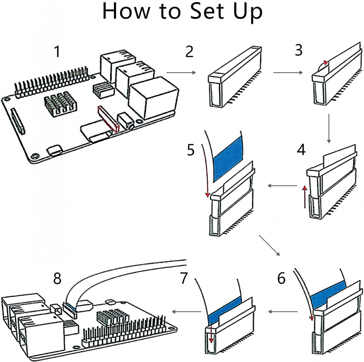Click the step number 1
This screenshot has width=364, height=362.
point(57,52)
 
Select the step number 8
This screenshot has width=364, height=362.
point(57,279)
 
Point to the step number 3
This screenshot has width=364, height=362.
point(299,51)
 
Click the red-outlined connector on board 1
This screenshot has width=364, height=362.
point(108,119)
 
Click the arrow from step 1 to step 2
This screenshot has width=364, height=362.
point(181,73)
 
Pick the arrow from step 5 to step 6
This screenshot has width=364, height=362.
point(270,246)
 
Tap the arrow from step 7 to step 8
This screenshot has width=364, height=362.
point(187,311)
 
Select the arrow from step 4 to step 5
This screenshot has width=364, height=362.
point(282,186)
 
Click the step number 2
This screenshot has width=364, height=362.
point(189,52)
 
